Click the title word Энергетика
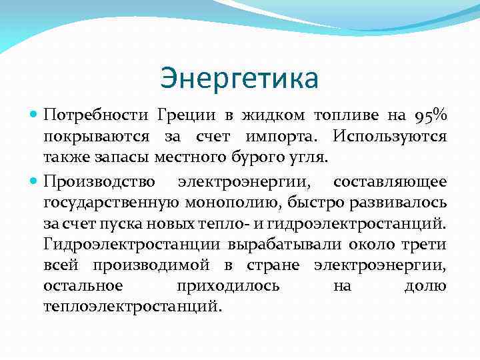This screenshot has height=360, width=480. tap(239, 79)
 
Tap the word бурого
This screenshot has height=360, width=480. tap(257, 159)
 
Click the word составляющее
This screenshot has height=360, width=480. tap(390, 181)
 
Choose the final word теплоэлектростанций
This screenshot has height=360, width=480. tap(131, 308)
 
